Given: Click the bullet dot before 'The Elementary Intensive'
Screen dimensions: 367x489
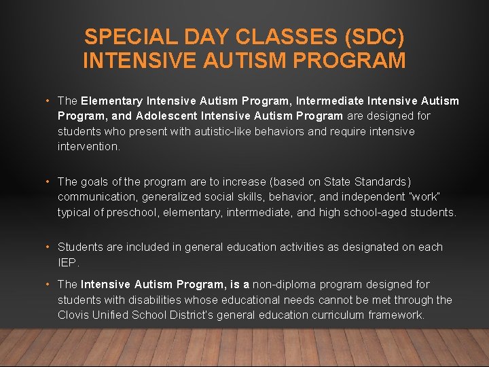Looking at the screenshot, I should [x=48, y=101].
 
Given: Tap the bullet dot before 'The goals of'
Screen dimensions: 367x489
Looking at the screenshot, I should [x=48, y=181].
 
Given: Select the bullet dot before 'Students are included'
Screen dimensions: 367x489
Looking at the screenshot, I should [x=48, y=247].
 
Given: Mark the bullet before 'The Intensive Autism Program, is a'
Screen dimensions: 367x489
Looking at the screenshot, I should [x=48, y=284].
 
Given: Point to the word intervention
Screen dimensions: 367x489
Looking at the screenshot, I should [x=88, y=146].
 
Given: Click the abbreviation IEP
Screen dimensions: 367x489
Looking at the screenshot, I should [x=69, y=262].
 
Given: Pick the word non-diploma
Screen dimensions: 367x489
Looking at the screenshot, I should [x=283, y=284].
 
